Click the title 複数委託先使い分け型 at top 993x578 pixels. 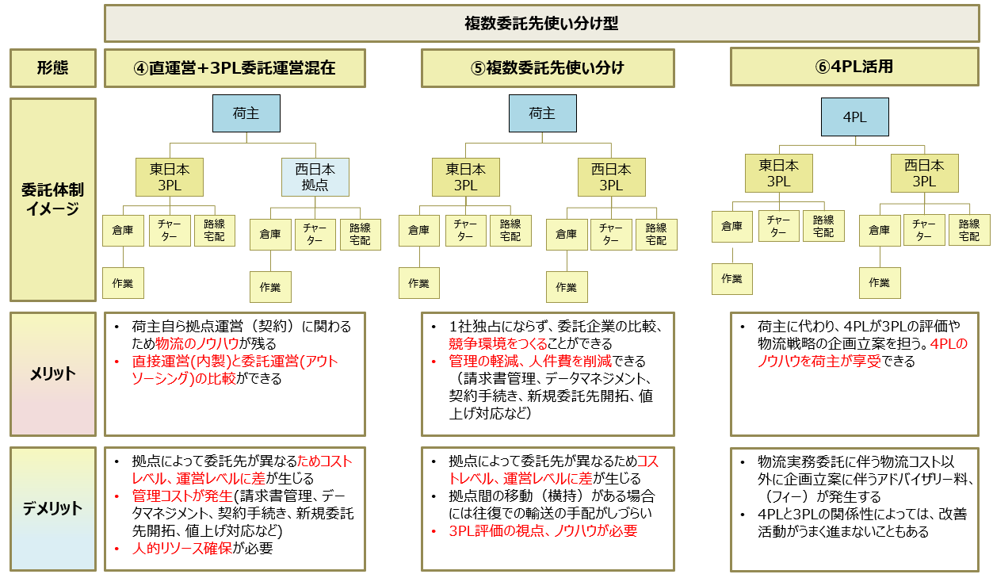point(541,24)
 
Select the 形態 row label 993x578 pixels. point(52,68)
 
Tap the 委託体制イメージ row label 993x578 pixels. point(52,200)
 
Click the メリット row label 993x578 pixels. point(52,373)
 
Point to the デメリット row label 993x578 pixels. point(52,508)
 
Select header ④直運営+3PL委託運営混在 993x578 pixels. point(235,68)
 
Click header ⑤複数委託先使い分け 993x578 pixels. point(548,68)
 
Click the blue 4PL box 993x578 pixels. point(854,117)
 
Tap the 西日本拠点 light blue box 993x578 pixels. point(315,178)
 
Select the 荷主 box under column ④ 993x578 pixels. point(246,113)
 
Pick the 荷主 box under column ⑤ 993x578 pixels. point(542,113)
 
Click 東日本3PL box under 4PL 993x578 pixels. point(778,174)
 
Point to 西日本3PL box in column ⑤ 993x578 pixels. point(610,177)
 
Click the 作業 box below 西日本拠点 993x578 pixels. point(270,287)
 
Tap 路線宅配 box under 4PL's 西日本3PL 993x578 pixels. point(969,230)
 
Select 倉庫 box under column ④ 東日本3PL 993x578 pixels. point(123,231)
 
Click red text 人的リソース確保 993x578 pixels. point(182,548)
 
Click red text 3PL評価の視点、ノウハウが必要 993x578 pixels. point(543,531)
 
